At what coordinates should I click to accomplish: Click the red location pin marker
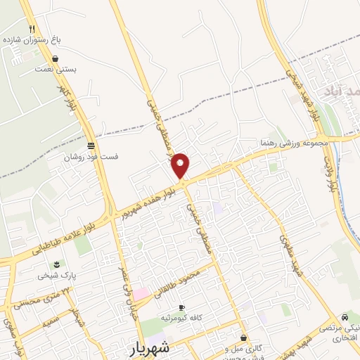[181, 166]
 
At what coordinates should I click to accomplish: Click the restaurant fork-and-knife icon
[32, 28]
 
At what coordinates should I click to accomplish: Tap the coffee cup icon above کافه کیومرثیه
[181, 308]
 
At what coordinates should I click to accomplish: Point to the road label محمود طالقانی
[176, 283]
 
